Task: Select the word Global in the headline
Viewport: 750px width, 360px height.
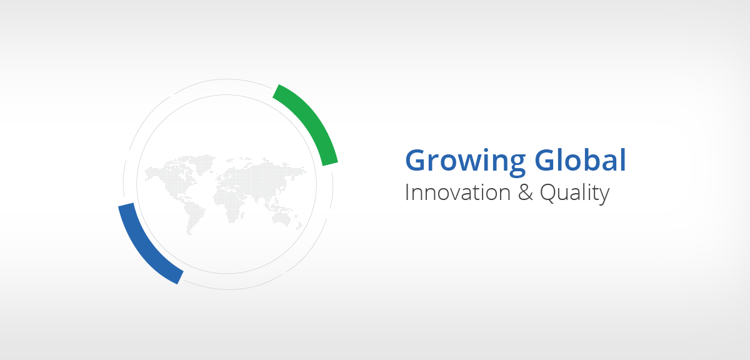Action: (580, 160)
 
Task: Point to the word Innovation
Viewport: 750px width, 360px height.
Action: (457, 192)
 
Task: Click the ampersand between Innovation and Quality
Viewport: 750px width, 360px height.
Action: (526, 192)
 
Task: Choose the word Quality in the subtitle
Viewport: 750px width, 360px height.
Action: (574, 194)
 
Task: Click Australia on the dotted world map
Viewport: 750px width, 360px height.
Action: (282, 217)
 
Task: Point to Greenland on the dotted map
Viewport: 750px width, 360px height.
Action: (204, 163)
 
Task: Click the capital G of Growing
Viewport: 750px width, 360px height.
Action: (416, 161)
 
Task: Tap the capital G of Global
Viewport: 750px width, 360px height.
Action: (545, 161)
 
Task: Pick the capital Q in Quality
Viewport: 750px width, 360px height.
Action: (549, 194)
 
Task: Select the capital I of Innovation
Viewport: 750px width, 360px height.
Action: (407, 192)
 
